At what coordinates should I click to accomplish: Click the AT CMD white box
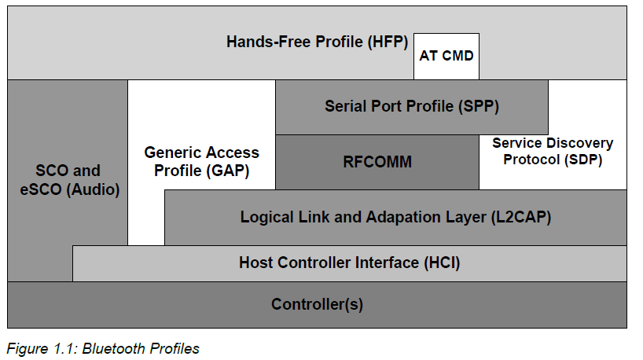(x=446, y=56)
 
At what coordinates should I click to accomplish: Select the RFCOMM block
(x=377, y=162)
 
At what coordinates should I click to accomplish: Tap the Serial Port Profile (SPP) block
(x=411, y=106)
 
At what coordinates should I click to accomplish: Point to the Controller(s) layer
(x=317, y=304)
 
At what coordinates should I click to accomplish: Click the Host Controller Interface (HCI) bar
(x=349, y=263)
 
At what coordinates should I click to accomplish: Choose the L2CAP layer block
(x=395, y=217)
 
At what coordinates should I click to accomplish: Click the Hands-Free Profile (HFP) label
(x=318, y=42)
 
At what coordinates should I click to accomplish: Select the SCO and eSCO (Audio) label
(x=68, y=180)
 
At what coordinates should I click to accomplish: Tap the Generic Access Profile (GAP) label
(x=201, y=161)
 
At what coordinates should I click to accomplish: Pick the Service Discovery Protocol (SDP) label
(x=553, y=152)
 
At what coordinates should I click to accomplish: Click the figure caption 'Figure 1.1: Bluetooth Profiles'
(x=103, y=349)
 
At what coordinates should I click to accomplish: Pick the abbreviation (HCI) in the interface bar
(x=441, y=263)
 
